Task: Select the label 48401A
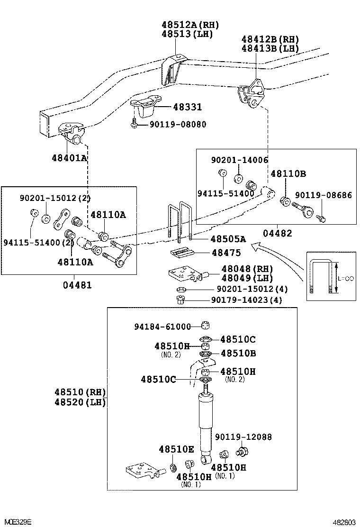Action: tap(69, 158)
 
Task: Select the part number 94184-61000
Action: tap(162, 327)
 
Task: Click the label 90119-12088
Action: tap(243, 437)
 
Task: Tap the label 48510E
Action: tap(176, 449)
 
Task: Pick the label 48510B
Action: tap(238, 353)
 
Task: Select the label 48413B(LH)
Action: tap(270, 48)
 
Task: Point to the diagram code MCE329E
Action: tap(16, 521)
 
